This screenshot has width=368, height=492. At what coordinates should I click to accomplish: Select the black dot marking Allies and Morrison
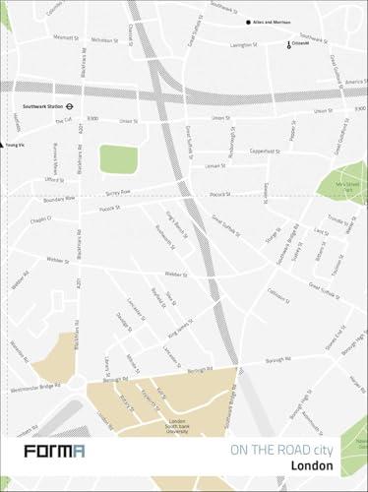(248, 22)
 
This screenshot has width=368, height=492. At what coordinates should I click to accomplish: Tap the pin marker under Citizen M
(289, 46)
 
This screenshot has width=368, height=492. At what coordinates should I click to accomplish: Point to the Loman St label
(215, 166)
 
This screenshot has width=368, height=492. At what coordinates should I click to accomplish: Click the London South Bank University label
(177, 423)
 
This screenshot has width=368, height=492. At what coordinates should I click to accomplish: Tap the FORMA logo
(54, 452)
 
